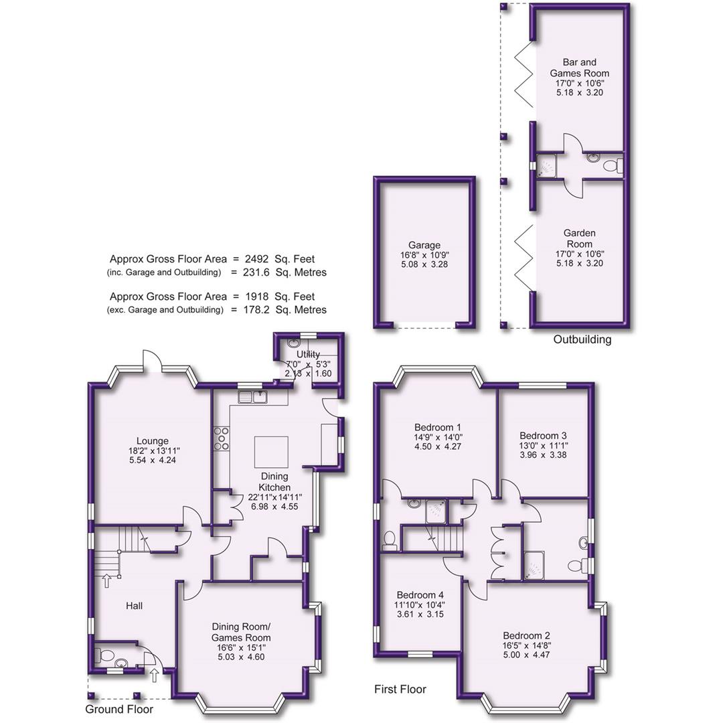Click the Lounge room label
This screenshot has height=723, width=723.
[153, 441]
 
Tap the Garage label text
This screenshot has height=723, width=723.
[424, 246]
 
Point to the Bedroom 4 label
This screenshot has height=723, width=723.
[420, 594]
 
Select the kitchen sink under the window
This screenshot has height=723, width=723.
[254, 398]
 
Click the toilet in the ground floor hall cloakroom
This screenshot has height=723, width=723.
[120, 663]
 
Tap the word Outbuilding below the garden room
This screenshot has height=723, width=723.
[582, 339]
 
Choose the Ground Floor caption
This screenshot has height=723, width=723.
[119, 709]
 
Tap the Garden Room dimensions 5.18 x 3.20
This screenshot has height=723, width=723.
[580, 263]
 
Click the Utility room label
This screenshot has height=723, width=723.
[309, 353]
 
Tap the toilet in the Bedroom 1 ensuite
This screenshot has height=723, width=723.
[390, 540]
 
